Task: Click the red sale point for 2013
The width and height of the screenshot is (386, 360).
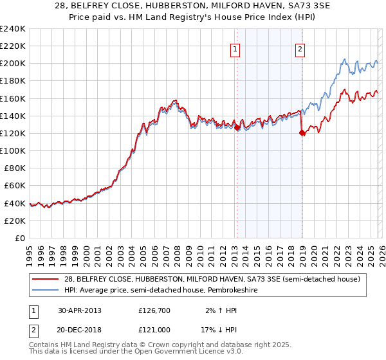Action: coord(236,127)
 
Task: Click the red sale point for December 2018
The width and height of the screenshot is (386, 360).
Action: coord(302,132)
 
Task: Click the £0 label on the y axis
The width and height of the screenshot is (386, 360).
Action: coord(19,238)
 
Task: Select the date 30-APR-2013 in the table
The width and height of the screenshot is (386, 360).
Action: coord(79,310)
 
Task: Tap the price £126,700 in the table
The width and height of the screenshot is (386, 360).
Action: coord(154,310)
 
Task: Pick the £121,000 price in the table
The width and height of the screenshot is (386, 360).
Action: coord(154,329)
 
